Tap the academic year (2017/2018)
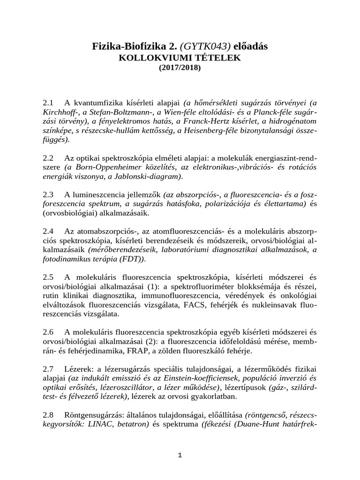(180, 67)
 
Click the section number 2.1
(48, 102)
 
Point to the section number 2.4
(48, 231)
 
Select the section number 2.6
(48, 331)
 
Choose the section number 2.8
(48, 415)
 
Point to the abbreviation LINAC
(92, 424)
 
